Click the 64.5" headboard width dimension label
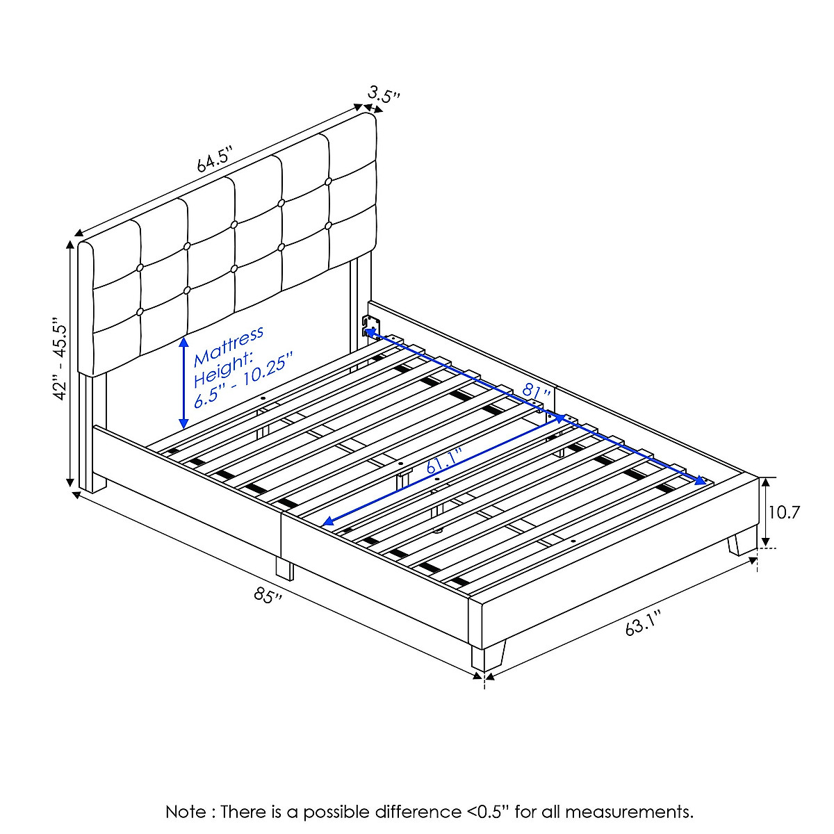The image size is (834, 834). pos(213,161)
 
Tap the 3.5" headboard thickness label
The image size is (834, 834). pos(385,95)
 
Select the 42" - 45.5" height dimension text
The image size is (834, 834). pos(60,359)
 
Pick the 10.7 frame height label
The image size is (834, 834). pos(784,513)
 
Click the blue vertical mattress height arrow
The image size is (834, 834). pos(183,382)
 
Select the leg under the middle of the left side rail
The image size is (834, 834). pos(284,568)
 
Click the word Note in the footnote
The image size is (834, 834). pos(186,812)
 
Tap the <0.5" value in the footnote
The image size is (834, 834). pos(486,812)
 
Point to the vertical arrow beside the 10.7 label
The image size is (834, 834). pos(765,512)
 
